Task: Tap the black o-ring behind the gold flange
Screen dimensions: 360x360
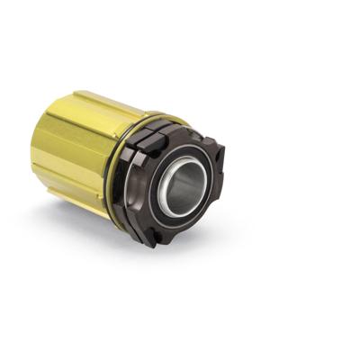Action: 108,180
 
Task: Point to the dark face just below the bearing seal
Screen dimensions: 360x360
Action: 180,225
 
